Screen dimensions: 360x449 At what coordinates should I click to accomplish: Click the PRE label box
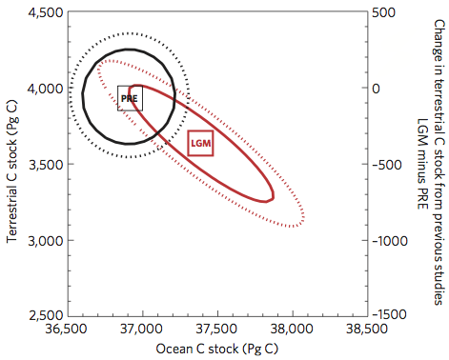coord(130,98)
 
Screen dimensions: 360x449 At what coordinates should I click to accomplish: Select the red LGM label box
coord(200,143)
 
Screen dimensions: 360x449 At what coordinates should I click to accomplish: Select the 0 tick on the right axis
coord(377,88)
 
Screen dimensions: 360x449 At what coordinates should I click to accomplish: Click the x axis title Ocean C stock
coord(216,349)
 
